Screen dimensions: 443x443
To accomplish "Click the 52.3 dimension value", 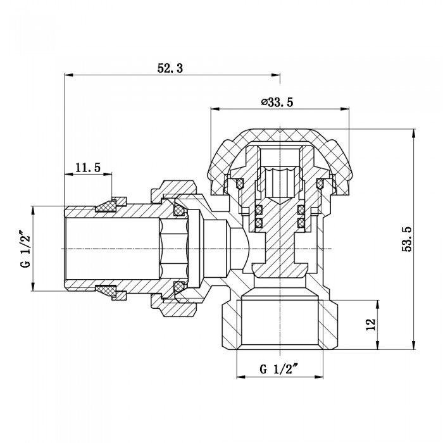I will pos(170,69).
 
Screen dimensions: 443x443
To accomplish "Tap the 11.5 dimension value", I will pos(88,168).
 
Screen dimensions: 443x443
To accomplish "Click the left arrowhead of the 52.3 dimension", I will pos(67,76).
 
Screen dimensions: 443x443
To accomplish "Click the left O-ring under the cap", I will pos(240,184).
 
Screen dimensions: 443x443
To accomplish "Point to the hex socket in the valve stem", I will pos(280,180).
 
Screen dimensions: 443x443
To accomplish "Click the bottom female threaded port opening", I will pos(280,326).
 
